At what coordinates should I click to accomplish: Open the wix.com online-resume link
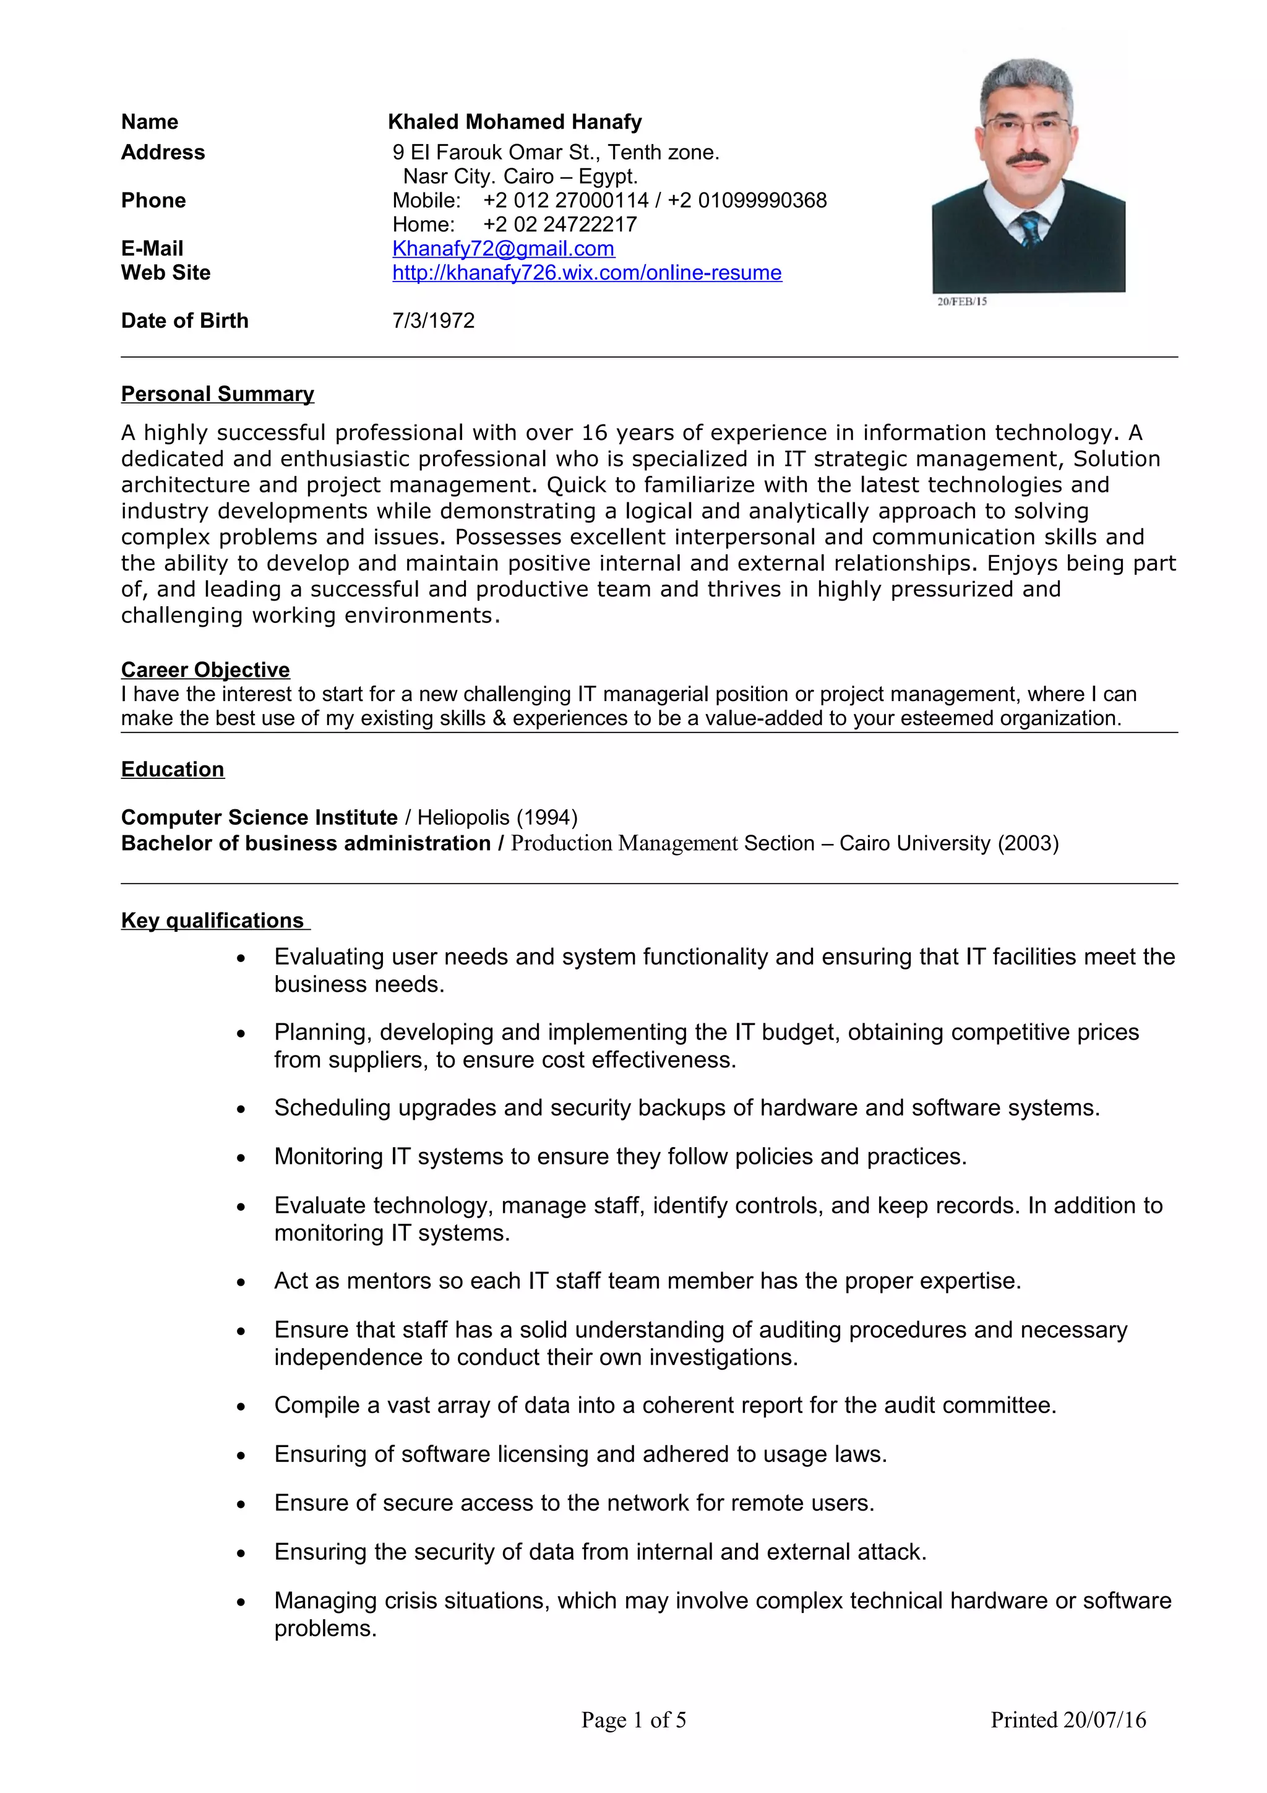(x=586, y=273)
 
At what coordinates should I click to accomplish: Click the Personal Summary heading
(x=217, y=393)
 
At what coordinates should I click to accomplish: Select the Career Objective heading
(x=205, y=669)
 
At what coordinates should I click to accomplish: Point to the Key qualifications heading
(x=212, y=920)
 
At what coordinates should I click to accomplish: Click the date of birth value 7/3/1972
(x=433, y=320)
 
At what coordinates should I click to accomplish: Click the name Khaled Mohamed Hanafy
(x=515, y=122)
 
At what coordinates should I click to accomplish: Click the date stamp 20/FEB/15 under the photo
(x=962, y=301)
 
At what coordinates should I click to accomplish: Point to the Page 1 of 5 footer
(x=633, y=1719)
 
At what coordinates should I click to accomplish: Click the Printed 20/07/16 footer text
(x=1068, y=1719)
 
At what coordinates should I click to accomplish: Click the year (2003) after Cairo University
(x=1028, y=843)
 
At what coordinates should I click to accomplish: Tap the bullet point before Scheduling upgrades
(x=241, y=1109)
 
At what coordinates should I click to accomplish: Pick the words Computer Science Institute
(x=259, y=818)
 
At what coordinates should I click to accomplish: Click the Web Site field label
(x=166, y=273)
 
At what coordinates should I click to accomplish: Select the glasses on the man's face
(x=1026, y=124)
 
